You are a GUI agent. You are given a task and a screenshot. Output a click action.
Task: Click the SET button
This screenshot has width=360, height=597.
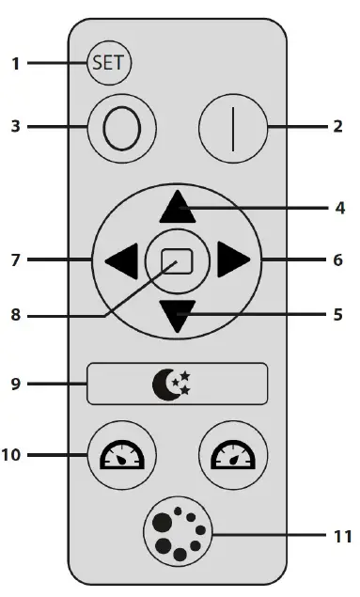[x=110, y=64]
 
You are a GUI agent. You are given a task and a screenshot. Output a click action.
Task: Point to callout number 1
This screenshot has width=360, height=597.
[x=16, y=64]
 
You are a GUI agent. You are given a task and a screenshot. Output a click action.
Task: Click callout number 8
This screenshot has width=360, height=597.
[x=16, y=317]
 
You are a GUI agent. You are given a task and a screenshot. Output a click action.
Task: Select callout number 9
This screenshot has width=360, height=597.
[x=16, y=384]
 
